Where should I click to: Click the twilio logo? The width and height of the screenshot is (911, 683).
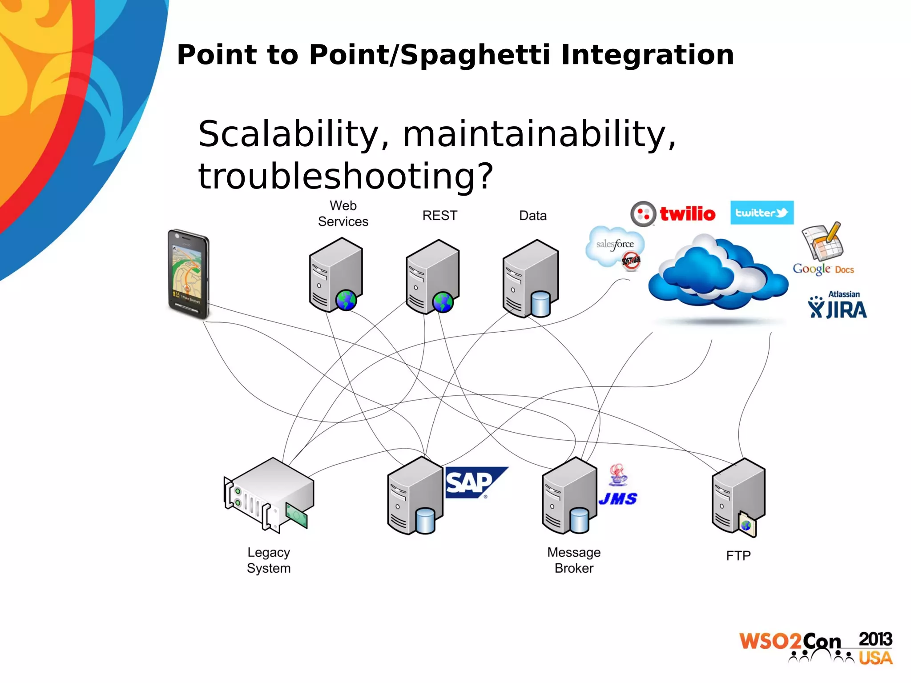click(673, 214)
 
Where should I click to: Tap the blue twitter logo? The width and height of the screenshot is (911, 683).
click(762, 213)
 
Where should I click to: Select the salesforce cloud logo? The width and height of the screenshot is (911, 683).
click(615, 247)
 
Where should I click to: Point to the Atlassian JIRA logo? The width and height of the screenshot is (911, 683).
click(837, 305)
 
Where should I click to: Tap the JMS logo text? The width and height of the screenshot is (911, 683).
click(618, 498)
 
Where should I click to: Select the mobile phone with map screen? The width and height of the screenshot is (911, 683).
click(189, 273)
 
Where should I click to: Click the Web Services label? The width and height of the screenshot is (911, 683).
click(343, 213)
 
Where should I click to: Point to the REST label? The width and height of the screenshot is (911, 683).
click(439, 216)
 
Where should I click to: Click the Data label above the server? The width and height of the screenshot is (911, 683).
click(532, 216)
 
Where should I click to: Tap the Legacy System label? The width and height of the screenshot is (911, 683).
click(269, 560)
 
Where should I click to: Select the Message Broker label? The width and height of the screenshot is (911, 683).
click(574, 560)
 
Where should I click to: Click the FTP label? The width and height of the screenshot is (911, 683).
click(738, 556)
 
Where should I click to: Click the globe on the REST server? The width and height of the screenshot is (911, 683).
click(443, 302)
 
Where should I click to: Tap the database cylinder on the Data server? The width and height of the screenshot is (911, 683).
click(540, 304)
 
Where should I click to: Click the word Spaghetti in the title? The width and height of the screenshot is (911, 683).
click(475, 55)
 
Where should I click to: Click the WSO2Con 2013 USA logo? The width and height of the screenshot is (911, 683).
click(816, 648)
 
